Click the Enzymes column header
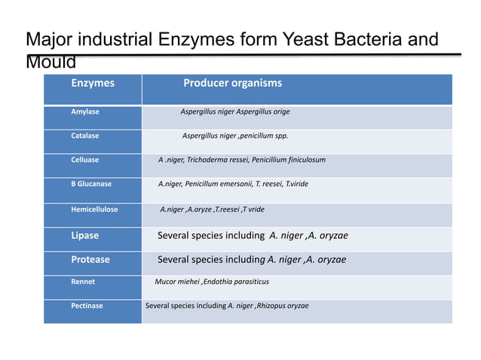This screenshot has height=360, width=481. click(93, 84)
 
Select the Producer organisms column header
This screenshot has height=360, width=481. click(233, 84)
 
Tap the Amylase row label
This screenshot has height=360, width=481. click(85, 112)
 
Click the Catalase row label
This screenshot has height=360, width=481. click(85, 136)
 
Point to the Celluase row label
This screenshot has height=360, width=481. click(85, 160)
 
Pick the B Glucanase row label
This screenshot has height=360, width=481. click(91, 185)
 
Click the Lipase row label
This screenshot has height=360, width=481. click(85, 236)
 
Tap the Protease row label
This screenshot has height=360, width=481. click(90, 260)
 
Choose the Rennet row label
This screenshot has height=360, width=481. click(83, 282)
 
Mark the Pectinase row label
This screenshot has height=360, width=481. click(87, 307)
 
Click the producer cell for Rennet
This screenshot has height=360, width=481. click(212, 282)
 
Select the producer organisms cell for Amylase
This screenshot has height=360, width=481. click(235, 112)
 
